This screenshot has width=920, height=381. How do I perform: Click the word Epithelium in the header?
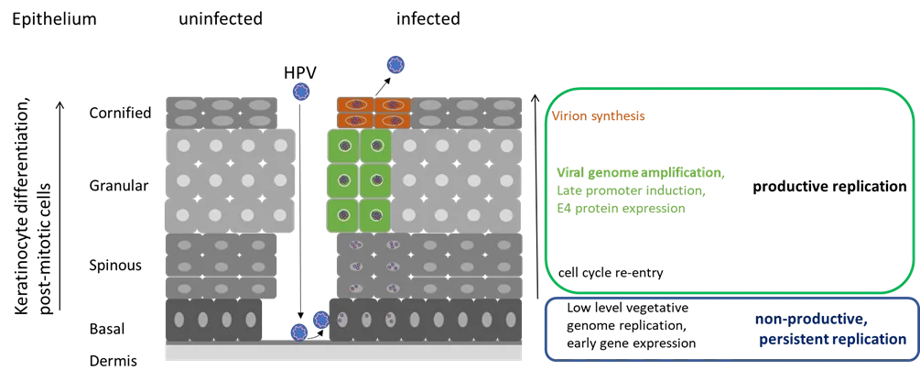tap(54, 19)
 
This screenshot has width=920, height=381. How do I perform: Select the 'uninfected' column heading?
tap(221, 19)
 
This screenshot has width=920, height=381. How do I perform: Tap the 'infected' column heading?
tap(428, 19)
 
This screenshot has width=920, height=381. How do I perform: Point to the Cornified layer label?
tap(120, 111)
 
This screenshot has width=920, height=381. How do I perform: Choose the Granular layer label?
tap(120, 186)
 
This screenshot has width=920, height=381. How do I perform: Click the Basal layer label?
tap(108, 329)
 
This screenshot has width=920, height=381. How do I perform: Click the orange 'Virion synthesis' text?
tap(599, 115)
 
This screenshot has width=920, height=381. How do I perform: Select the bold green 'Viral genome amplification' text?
tap(639, 172)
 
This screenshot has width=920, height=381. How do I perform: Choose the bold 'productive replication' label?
tap(832, 187)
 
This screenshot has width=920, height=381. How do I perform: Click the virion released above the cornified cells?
tap(395, 65)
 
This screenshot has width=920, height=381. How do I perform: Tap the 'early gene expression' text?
tap(632, 343)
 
